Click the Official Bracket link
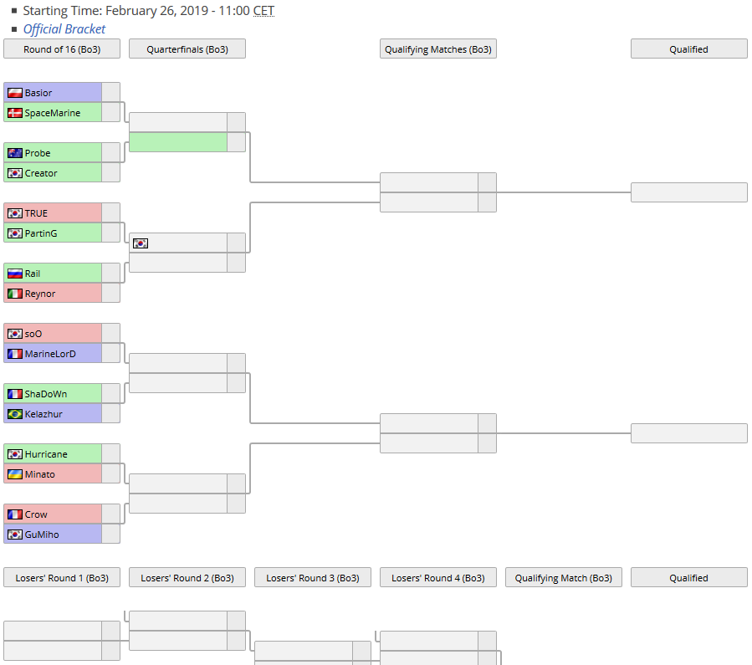tap(64, 29)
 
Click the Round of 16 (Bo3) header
tap(62, 49)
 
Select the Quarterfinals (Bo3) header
tap(187, 49)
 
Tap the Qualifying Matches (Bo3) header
tap(437, 49)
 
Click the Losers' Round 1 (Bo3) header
tap(62, 578)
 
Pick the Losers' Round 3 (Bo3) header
tap(312, 578)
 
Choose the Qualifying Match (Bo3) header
tap(563, 578)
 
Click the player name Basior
tap(38, 93)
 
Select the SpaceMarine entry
tap(53, 113)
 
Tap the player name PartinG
tap(41, 233)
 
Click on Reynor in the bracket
tap(40, 294)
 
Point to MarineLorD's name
tap(50, 354)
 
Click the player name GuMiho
tap(42, 535)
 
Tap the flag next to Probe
tap(14, 153)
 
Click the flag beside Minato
tap(14, 474)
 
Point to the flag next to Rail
tap(14, 274)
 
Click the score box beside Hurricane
tap(110, 454)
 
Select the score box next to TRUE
tap(110, 213)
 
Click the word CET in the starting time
tap(263, 11)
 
